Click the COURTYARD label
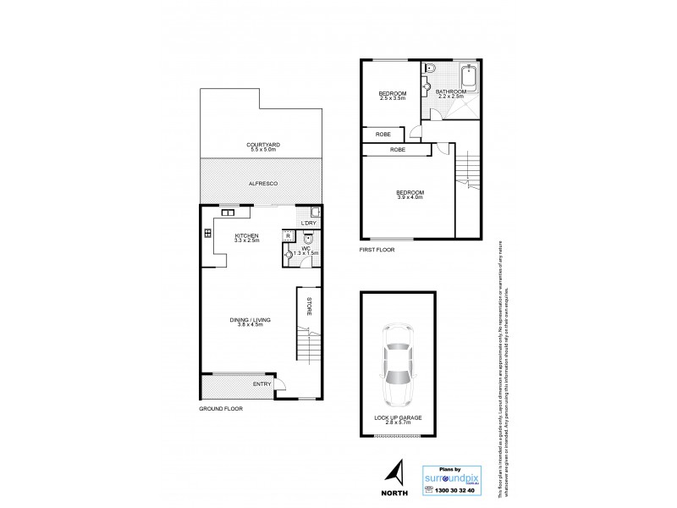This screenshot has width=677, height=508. [x=263, y=145]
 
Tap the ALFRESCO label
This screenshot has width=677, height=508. [x=263, y=184]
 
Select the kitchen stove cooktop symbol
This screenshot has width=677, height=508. [x=207, y=235]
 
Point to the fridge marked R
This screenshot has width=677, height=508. [x=289, y=236]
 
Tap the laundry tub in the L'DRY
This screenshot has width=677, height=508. [x=315, y=213]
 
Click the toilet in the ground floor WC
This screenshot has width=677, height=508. [x=309, y=238]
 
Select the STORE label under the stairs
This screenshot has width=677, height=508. [x=309, y=306]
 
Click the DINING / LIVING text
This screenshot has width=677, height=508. [x=246, y=319]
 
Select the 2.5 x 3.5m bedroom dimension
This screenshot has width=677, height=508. [x=392, y=98]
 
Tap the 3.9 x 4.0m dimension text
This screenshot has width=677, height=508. [x=410, y=198]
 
